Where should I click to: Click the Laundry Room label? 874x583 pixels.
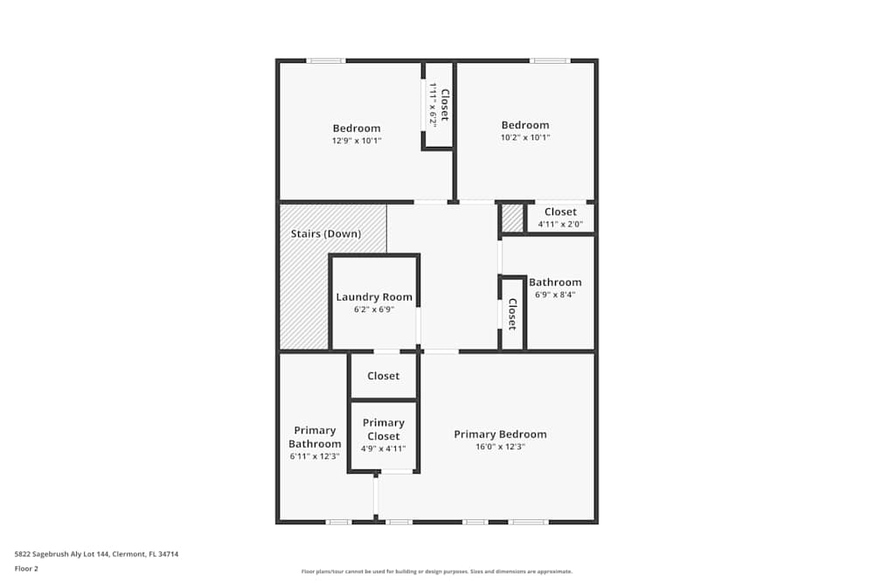[374, 297]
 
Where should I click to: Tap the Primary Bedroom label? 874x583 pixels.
[500, 434]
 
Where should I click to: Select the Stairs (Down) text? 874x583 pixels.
[326, 233]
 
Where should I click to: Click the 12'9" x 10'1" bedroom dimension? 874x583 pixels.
[357, 141]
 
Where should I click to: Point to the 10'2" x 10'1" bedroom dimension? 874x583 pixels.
[525, 137]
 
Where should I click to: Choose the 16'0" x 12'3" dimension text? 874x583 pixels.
[500, 447]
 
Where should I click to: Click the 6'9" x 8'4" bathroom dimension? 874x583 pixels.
[555, 295]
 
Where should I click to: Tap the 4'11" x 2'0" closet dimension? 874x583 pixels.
[560, 224]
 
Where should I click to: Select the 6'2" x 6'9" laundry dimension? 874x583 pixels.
[374, 309]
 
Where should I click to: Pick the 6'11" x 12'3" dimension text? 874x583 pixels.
[315, 456]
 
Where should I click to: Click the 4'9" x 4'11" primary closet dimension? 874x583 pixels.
[383, 448]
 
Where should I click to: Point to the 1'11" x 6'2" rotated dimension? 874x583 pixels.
[433, 105]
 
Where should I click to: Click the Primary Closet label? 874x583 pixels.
[384, 429]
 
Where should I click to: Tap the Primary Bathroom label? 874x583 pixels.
[315, 437]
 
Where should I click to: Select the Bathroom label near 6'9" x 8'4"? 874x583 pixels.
[555, 282]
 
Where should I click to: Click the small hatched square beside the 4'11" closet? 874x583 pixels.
[513, 218]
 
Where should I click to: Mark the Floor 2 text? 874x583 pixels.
[26, 568]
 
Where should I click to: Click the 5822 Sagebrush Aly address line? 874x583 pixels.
[96, 554]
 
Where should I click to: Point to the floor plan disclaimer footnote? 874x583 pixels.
[437, 572]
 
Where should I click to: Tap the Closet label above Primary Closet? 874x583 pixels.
[384, 376]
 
